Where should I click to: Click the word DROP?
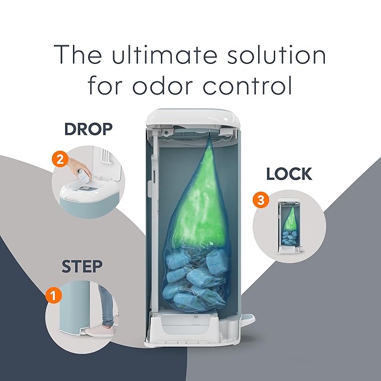(x=89, y=129)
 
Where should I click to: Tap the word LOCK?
(x=289, y=174)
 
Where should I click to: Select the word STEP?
(x=82, y=267)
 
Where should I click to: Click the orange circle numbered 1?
(x=53, y=296)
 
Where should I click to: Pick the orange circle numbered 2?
(x=60, y=159)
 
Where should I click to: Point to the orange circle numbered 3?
(x=261, y=200)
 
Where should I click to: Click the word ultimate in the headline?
(x=164, y=54)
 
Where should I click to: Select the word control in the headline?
(x=247, y=85)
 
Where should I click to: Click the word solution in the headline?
(x=277, y=54)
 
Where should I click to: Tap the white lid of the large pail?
(x=193, y=118)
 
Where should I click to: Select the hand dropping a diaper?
(x=78, y=168)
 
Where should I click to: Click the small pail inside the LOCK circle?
(x=290, y=226)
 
